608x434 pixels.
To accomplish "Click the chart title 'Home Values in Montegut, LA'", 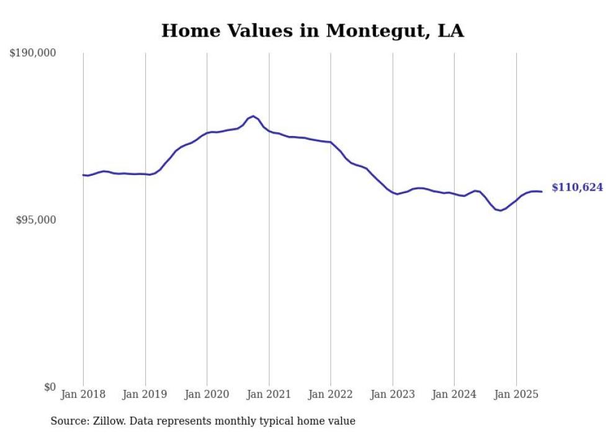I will click(312, 30).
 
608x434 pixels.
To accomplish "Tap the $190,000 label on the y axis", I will click(33, 53).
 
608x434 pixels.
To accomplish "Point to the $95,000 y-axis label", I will click(36, 220).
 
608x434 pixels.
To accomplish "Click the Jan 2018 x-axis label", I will click(83, 394).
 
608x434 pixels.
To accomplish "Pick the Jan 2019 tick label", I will click(145, 394).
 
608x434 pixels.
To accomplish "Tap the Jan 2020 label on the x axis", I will click(207, 394).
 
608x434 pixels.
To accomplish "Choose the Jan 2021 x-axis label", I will click(269, 394).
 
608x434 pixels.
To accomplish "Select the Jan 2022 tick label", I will click(331, 394).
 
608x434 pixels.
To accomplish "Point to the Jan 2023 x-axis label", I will click(392, 394).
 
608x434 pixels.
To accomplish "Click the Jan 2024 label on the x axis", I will click(454, 394).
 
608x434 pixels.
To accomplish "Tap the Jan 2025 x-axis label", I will click(516, 394).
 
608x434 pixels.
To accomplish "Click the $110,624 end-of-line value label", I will click(577, 188).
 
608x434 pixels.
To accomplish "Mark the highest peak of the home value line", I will click(253, 116).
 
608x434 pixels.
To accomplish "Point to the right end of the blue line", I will click(542, 191).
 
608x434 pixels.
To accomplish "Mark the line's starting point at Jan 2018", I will click(83, 175).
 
